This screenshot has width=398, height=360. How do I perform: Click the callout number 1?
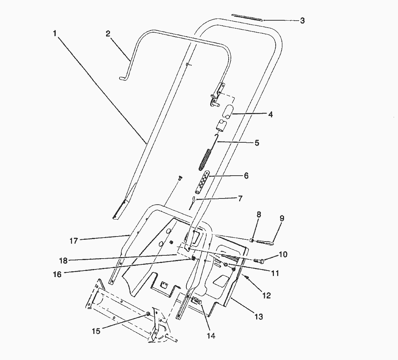pyautogui.click(x=55, y=33)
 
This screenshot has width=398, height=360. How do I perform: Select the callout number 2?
pyautogui.click(x=108, y=34)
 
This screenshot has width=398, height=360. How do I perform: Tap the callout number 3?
pyautogui.click(x=302, y=21)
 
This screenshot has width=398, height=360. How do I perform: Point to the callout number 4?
pyautogui.click(x=270, y=114)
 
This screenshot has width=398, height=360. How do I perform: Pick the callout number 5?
pyautogui.click(x=257, y=143)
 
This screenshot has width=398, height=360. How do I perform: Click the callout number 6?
pyautogui.click(x=246, y=176)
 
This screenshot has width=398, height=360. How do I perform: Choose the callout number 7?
pyautogui.click(x=240, y=198)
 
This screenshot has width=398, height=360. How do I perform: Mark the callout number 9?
pyautogui.click(x=282, y=218)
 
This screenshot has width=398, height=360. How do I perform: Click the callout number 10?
pyautogui.click(x=283, y=255)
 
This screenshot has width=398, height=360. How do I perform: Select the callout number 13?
pyautogui.click(x=258, y=317)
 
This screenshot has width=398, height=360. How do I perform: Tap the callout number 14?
pyautogui.click(x=211, y=336)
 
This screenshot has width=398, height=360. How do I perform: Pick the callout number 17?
pyautogui.click(x=74, y=240)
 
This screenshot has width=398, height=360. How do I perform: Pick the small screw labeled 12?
pyautogui.click(x=247, y=277)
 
